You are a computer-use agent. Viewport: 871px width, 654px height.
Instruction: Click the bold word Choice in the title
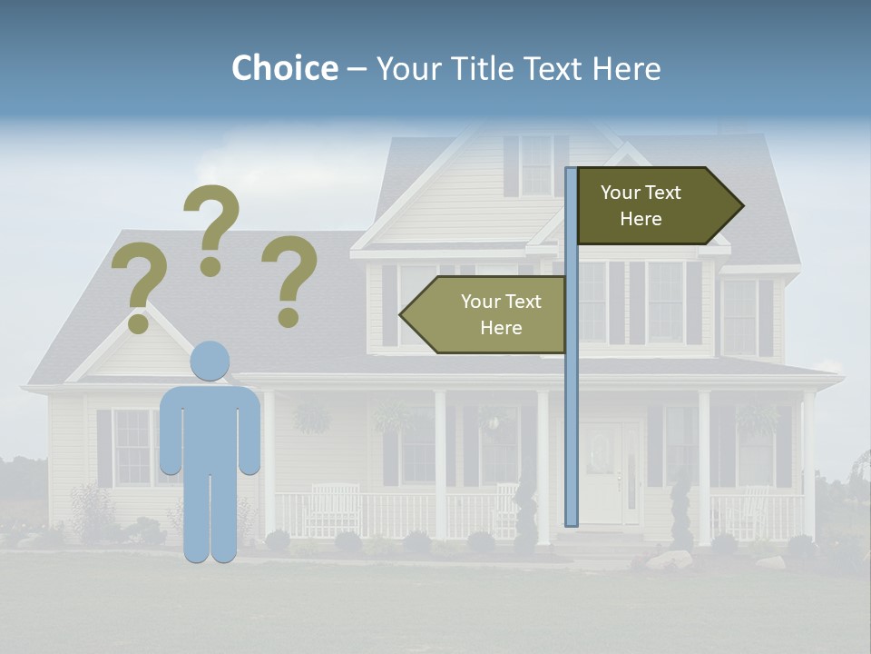click(x=284, y=68)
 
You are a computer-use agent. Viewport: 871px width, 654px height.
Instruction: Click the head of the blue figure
click(x=210, y=362)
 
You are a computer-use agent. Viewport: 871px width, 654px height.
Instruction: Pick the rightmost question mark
click(x=289, y=280)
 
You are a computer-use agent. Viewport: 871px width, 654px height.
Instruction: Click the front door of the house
click(x=601, y=472)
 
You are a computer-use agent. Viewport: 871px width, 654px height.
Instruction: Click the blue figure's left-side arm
click(x=169, y=431)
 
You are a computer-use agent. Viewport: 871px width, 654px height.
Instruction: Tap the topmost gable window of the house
click(x=535, y=165)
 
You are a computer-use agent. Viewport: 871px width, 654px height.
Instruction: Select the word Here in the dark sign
click(x=641, y=219)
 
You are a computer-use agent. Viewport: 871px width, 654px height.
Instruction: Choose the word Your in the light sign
click(x=481, y=302)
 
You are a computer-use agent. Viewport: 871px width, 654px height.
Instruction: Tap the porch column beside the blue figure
click(x=269, y=463)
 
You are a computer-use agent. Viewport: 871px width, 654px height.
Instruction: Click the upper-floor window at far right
click(x=739, y=316)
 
